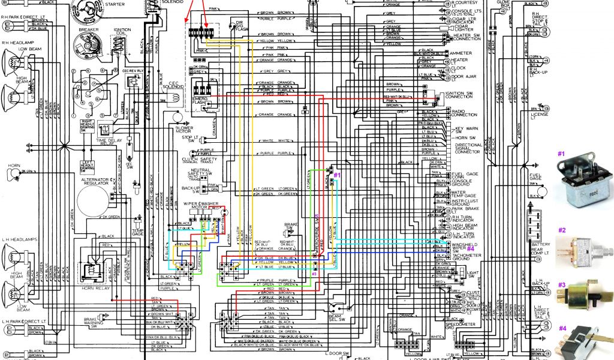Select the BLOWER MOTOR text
(x=183, y=129)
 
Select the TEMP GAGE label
(x=137, y=232)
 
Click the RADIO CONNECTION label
(x=464, y=113)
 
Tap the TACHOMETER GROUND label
(x=467, y=258)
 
